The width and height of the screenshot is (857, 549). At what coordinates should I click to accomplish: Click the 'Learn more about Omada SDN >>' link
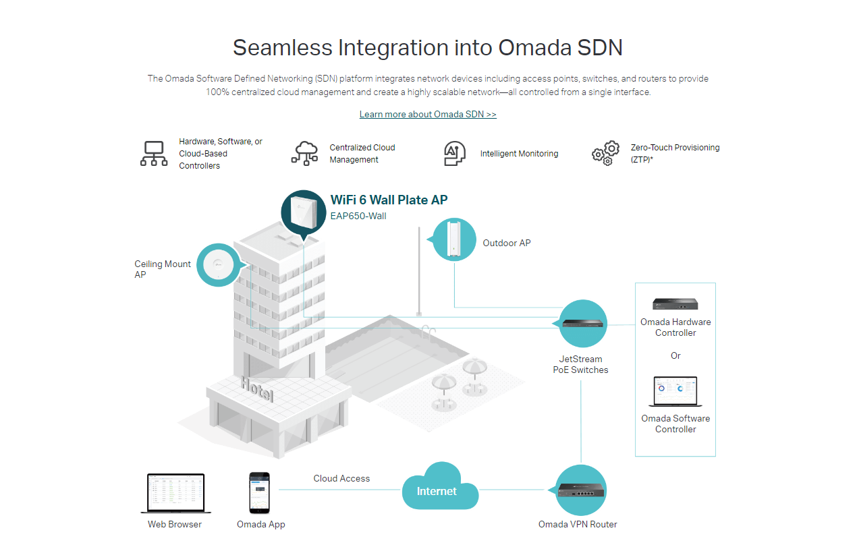click(428, 115)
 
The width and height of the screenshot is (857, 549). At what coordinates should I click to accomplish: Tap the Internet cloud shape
click(439, 488)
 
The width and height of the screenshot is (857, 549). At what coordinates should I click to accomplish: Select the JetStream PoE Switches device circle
click(584, 323)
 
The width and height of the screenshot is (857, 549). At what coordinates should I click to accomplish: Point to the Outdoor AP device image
click(454, 239)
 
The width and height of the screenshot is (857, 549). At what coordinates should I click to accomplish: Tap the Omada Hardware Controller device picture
click(675, 305)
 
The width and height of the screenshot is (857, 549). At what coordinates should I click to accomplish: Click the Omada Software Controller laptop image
click(675, 391)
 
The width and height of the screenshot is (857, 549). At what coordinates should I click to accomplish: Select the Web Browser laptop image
click(175, 494)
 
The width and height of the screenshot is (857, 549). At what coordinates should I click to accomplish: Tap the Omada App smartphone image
click(260, 493)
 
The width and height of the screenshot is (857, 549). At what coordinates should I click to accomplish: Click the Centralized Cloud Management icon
click(305, 153)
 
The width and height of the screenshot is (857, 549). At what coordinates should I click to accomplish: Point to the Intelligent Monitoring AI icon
click(455, 154)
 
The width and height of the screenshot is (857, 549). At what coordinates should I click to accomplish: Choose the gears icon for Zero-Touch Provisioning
click(605, 154)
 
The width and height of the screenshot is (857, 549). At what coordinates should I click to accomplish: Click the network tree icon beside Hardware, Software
click(154, 154)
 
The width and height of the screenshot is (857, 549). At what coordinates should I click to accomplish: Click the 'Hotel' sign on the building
click(257, 388)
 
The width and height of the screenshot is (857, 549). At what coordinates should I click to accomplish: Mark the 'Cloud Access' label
click(341, 478)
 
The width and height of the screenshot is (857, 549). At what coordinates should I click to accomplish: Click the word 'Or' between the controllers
click(675, 355)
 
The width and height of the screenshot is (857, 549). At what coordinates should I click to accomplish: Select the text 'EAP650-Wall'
click(358, 216)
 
